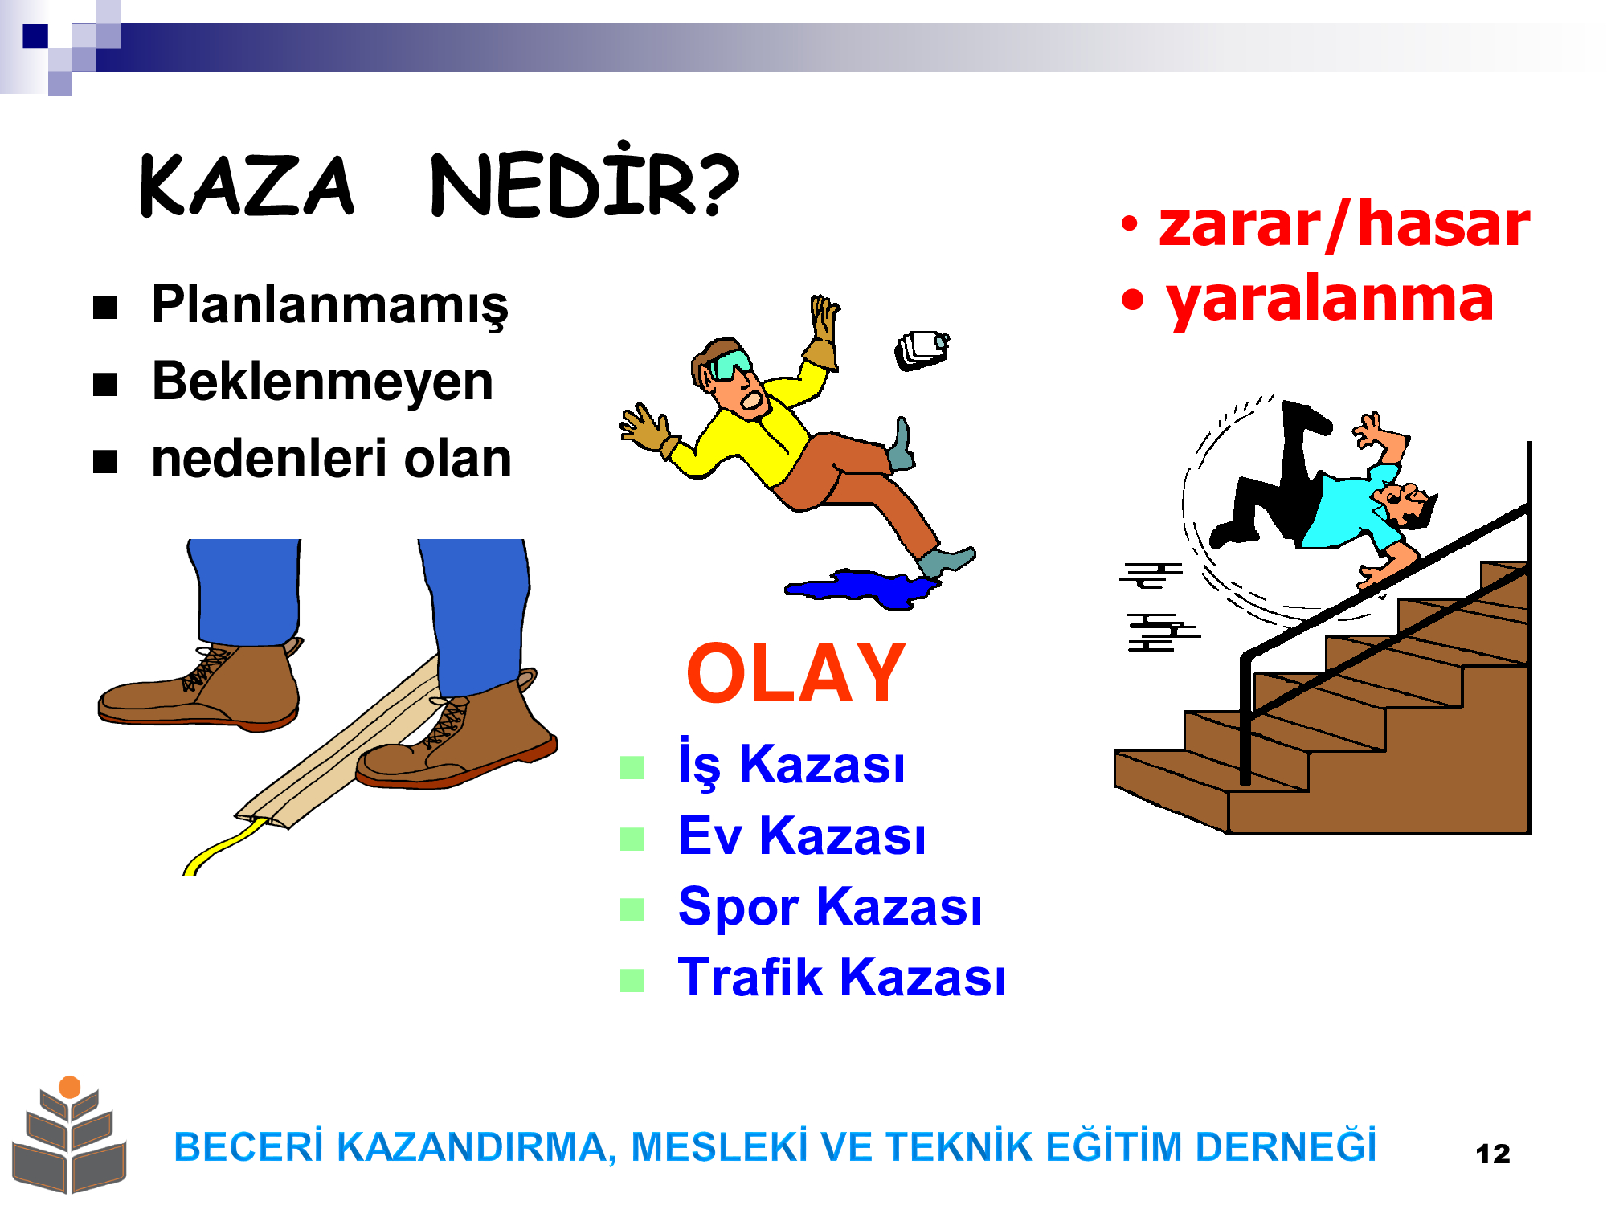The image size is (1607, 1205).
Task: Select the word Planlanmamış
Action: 329,306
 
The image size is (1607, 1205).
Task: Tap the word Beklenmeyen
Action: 322,382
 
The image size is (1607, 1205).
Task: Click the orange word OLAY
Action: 796,673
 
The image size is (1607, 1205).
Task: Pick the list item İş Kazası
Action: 791,763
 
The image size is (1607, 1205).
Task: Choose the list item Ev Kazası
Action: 802,835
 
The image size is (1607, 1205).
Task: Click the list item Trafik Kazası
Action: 841,977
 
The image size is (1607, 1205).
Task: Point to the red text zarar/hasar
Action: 1343,224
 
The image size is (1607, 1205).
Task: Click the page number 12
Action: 1493,1154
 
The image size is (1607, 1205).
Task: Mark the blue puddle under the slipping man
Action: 862,589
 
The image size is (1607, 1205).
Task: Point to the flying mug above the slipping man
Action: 922,349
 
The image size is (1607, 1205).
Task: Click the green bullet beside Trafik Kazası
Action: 632,980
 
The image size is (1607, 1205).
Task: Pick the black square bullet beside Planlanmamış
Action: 105,308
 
